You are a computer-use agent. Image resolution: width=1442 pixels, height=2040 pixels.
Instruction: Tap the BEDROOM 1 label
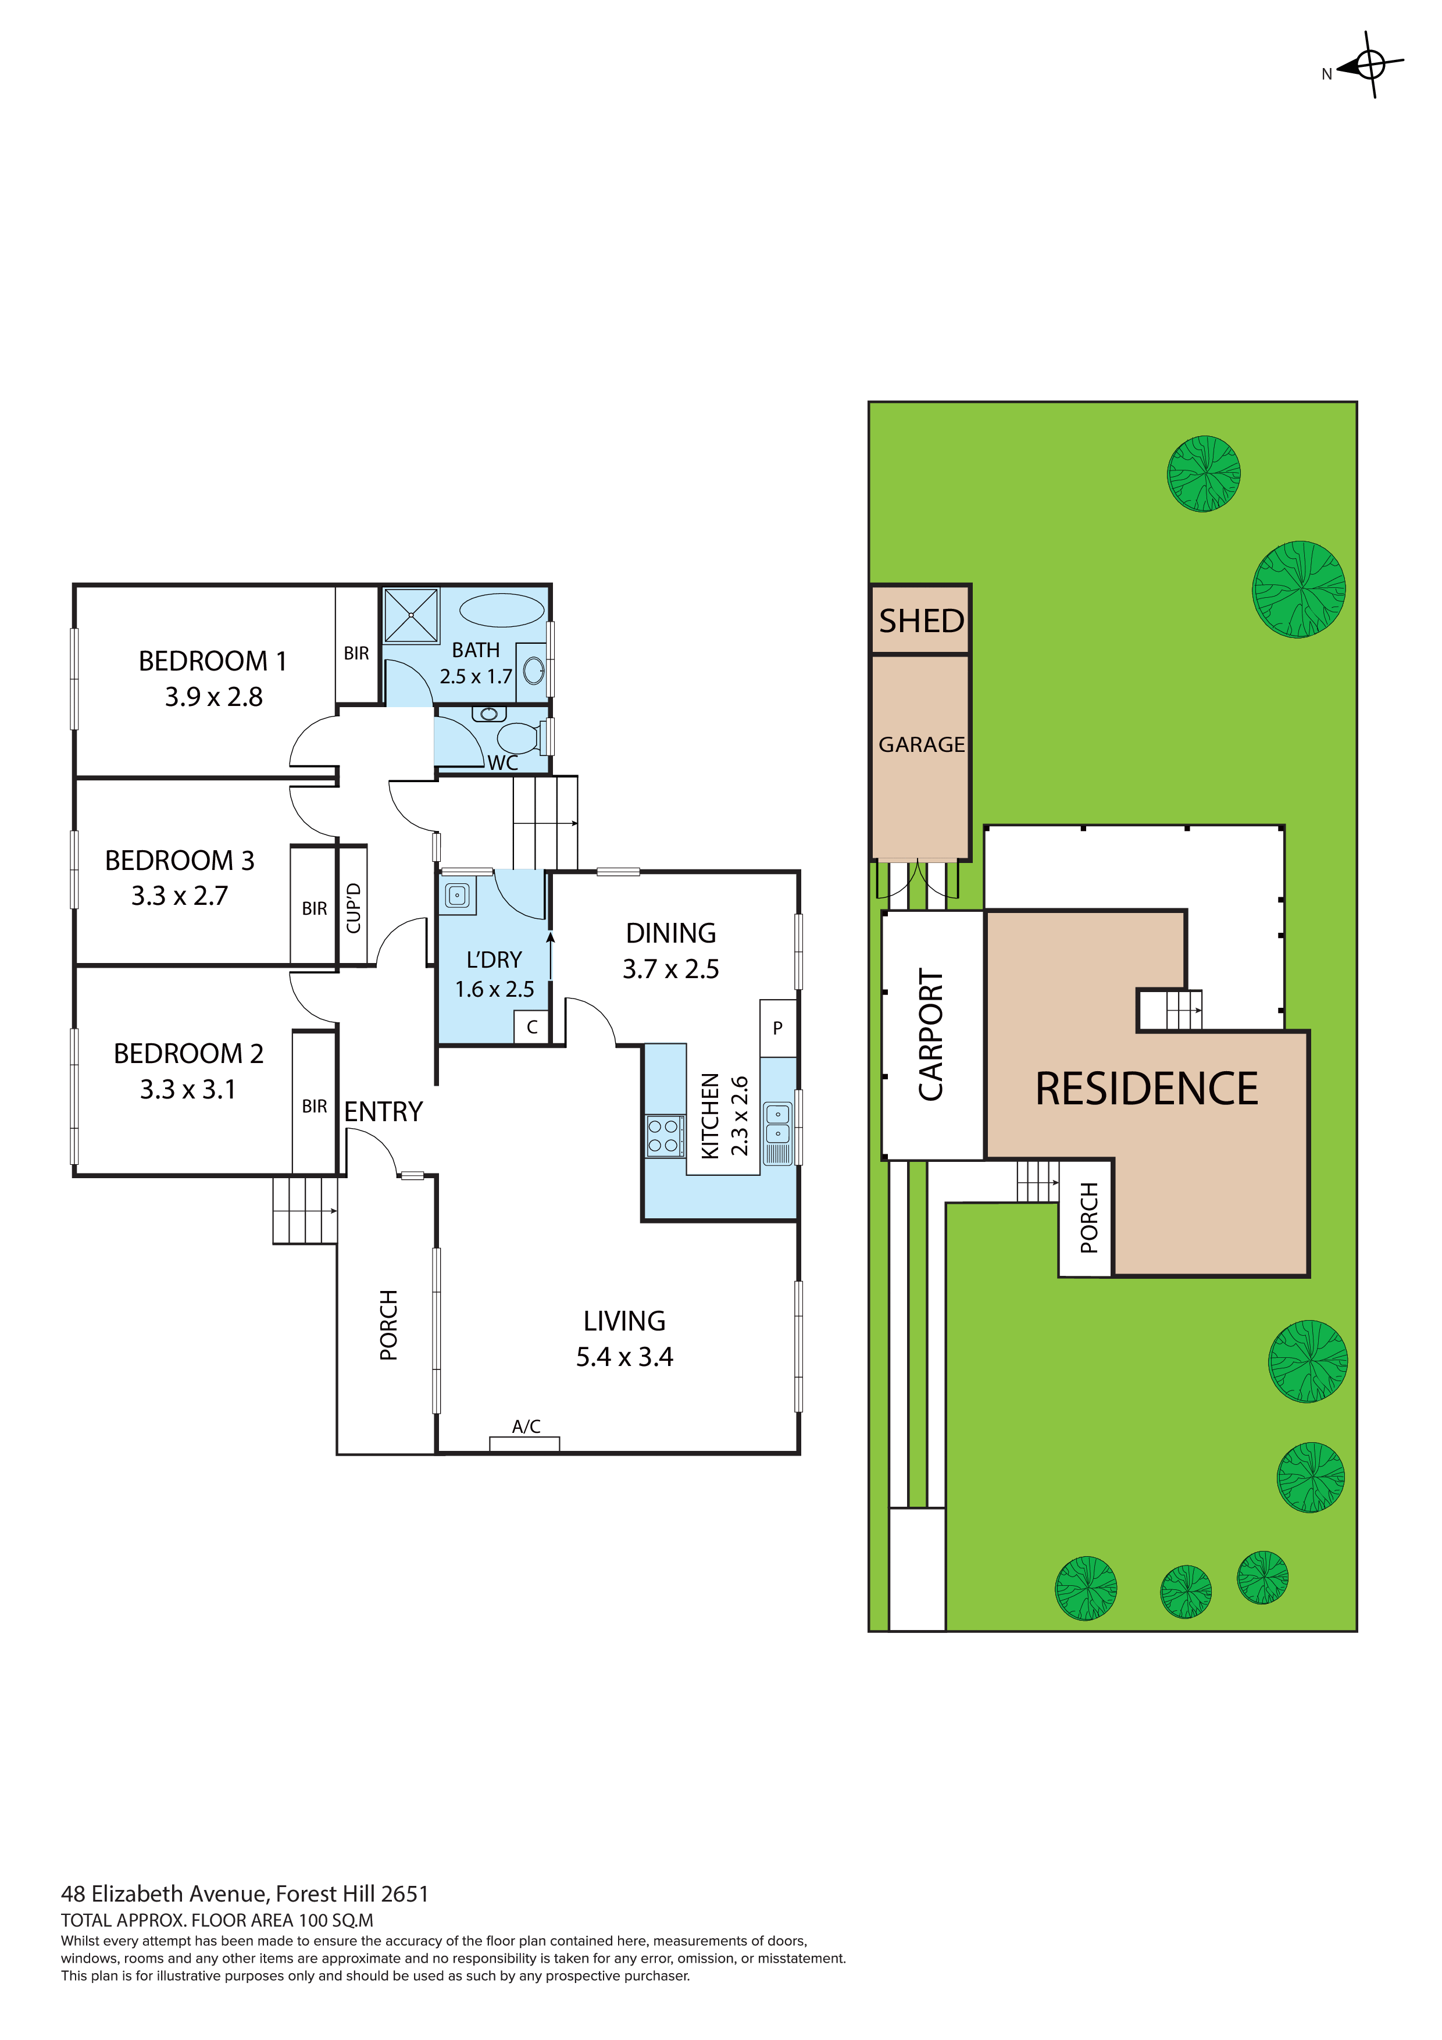pos(212,661)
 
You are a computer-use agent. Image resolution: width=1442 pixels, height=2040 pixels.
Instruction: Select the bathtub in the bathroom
pos(502,611)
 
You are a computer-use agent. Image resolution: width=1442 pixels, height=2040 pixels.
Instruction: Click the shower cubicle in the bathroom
pos(411,615)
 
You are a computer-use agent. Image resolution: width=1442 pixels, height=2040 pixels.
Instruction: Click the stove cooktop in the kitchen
pos(665,1136)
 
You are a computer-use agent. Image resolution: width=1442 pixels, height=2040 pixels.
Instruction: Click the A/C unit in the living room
pos(524,1444)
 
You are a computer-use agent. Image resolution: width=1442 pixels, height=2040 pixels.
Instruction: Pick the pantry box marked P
pos(777,1028)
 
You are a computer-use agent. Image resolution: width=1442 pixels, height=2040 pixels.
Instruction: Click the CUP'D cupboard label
pos(354,908)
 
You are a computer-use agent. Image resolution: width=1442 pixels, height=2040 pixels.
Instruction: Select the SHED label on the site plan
pos(922,620)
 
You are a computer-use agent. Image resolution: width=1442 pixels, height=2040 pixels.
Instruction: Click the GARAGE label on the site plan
pos(922,744)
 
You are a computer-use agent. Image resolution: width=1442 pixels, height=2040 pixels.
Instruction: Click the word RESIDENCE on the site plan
pos(1146,1089)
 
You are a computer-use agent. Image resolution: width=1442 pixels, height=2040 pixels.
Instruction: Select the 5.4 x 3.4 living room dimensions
pos(624,1357)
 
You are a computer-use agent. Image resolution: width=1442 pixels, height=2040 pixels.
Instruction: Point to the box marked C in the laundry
pos(532,1027)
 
